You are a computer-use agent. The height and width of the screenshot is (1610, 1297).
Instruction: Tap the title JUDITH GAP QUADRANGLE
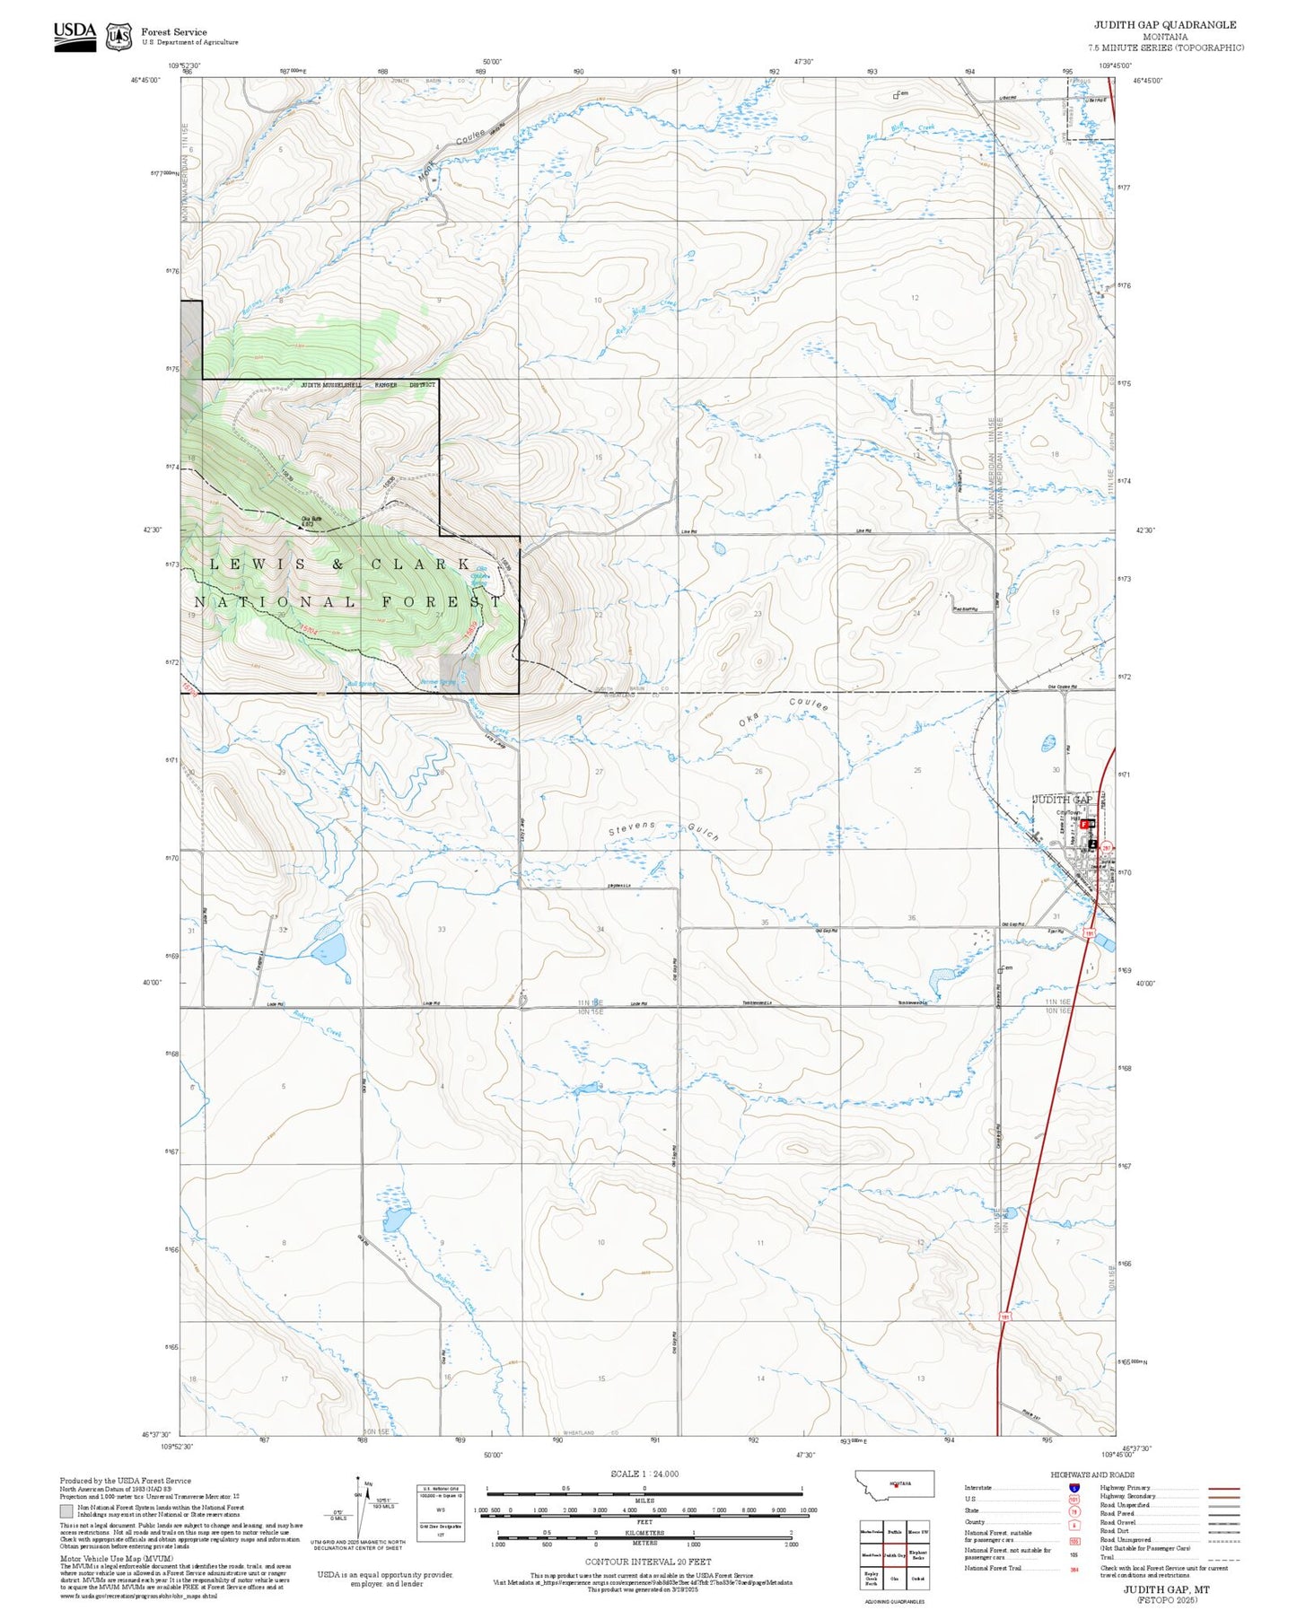(1164, 25)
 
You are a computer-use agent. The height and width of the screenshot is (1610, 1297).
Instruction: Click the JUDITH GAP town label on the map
(1062, 799)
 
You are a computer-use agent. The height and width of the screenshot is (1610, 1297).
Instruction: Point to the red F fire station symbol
(1084, 823)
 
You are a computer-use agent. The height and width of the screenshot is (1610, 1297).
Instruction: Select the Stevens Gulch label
(663, 830)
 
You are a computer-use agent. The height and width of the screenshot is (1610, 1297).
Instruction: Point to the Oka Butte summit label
(311, 521)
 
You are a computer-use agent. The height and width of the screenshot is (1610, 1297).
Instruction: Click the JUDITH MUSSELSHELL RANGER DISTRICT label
(367, 384)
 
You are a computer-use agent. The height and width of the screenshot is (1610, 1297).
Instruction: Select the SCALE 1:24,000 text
(644, 1474)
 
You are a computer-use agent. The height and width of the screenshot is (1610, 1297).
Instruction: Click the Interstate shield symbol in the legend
(1074, 1487)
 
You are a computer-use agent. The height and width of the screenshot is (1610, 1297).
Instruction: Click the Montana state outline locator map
(895, 1483)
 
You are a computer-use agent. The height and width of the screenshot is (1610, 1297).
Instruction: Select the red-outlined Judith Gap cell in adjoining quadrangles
(894, 1555)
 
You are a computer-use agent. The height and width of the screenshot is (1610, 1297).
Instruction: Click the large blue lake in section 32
(328, 948)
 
